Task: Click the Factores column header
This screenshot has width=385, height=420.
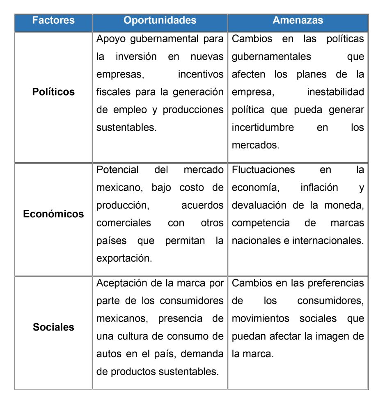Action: [53, 20]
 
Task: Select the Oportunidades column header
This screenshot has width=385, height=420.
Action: [160, 20]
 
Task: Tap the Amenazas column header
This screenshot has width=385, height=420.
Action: [298, 20]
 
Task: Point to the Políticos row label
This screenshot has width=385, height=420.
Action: [53, 92]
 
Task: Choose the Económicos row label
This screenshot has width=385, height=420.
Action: [53, 214]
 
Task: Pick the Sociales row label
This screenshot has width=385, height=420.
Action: [53, 327]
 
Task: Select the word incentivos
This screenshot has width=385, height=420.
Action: [201, 75]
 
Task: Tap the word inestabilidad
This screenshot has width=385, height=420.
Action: [335, 92]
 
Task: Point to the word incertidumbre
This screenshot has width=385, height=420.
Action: [263, 127]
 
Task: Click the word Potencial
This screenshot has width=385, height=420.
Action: [117, 169]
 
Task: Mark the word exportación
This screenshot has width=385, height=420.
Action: [122, 258]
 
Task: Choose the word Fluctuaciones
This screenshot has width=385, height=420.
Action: [263, 169]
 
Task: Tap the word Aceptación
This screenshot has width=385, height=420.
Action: [122, 283]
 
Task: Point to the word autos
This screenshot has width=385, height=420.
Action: [108, 354]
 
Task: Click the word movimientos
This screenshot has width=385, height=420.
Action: [260, 318]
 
